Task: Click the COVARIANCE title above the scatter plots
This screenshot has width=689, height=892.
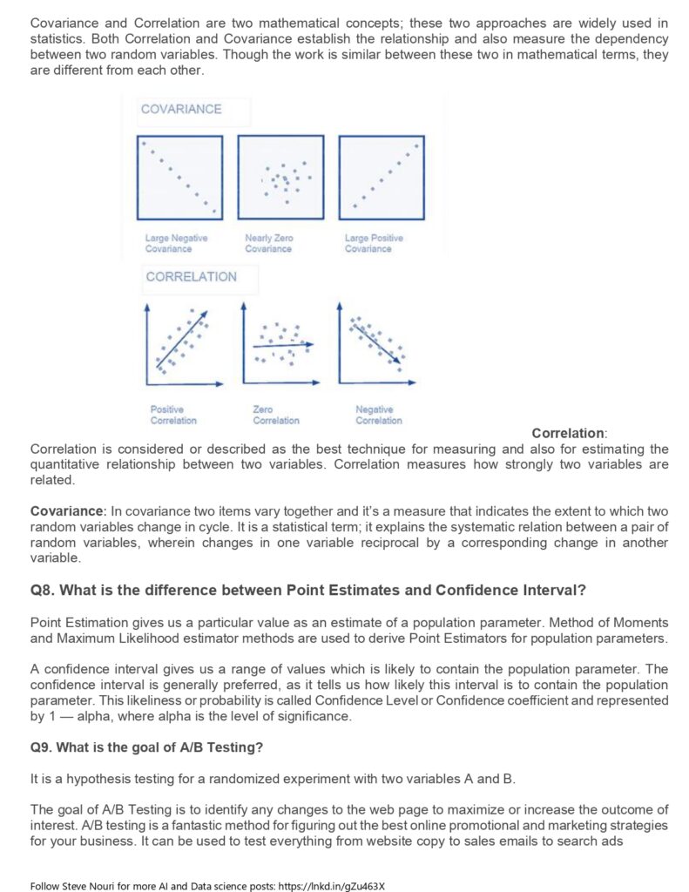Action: point(181,109)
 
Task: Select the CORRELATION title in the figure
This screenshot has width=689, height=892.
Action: point(191,277)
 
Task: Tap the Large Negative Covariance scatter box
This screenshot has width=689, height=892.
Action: point(179,178)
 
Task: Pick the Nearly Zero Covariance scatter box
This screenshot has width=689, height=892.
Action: point(280,178)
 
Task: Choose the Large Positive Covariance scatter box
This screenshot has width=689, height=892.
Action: point(382,178)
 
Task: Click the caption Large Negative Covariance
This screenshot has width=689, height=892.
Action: point(176,243)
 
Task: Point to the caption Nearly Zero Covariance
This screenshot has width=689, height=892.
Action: point(269,243)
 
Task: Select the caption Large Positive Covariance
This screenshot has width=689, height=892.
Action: point(374,243)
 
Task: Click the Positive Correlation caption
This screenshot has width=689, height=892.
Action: point(173,415)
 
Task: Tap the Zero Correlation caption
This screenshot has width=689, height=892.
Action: point(275,415)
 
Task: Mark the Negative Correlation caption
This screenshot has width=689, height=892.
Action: point(379,415)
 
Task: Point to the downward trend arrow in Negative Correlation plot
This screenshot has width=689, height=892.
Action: point(376,341)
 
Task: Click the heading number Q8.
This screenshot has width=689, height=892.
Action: point(43,591)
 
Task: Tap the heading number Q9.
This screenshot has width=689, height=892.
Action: point(41,747)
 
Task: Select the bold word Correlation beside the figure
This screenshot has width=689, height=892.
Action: point(568,433)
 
